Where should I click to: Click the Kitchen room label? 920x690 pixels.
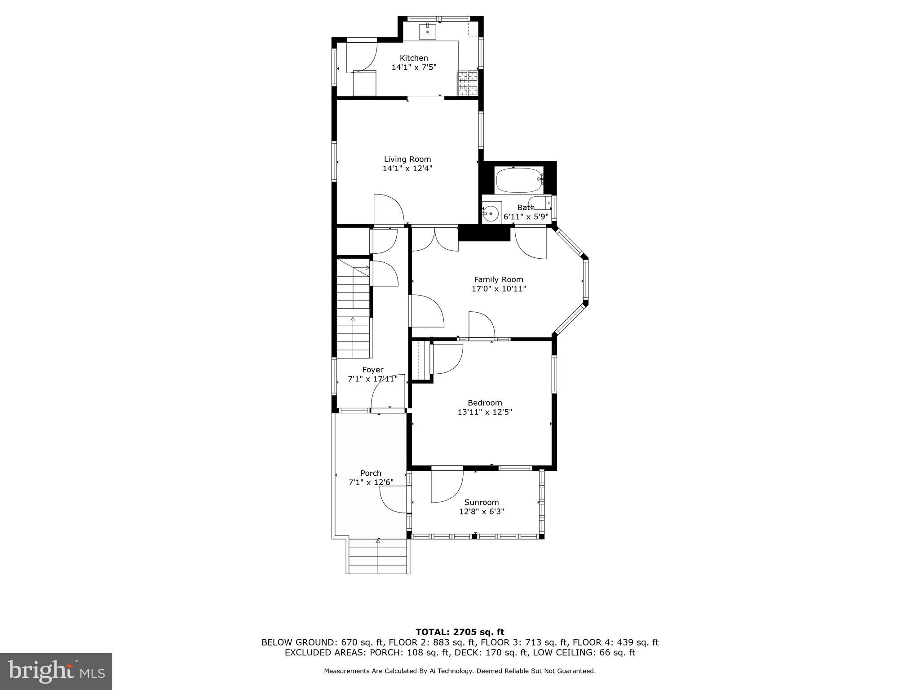click(414, 58)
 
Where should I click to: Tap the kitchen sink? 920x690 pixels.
click(428, 31)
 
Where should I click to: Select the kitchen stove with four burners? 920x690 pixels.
click(467, 84)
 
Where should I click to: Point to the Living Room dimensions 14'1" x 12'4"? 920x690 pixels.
click(407, 168)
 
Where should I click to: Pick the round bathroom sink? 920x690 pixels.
click(491, 213)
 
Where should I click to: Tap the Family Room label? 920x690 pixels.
click(499, 279)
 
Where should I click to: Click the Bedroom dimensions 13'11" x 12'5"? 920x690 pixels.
click(485, 411)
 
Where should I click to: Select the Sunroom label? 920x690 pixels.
click(482, 502)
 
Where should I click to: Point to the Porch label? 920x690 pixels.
click(371, 473)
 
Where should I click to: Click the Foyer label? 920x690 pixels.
click(373, 370)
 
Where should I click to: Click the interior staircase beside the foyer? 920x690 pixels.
click(354, 314)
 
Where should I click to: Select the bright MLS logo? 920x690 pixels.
click(56, 671)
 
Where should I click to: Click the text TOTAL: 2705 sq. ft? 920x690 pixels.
click(460, 632)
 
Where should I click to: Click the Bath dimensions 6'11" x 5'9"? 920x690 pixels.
click(526, 217)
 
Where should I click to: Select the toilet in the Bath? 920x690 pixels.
click(541, 203)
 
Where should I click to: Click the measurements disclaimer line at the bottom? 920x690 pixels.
click(460, 671)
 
